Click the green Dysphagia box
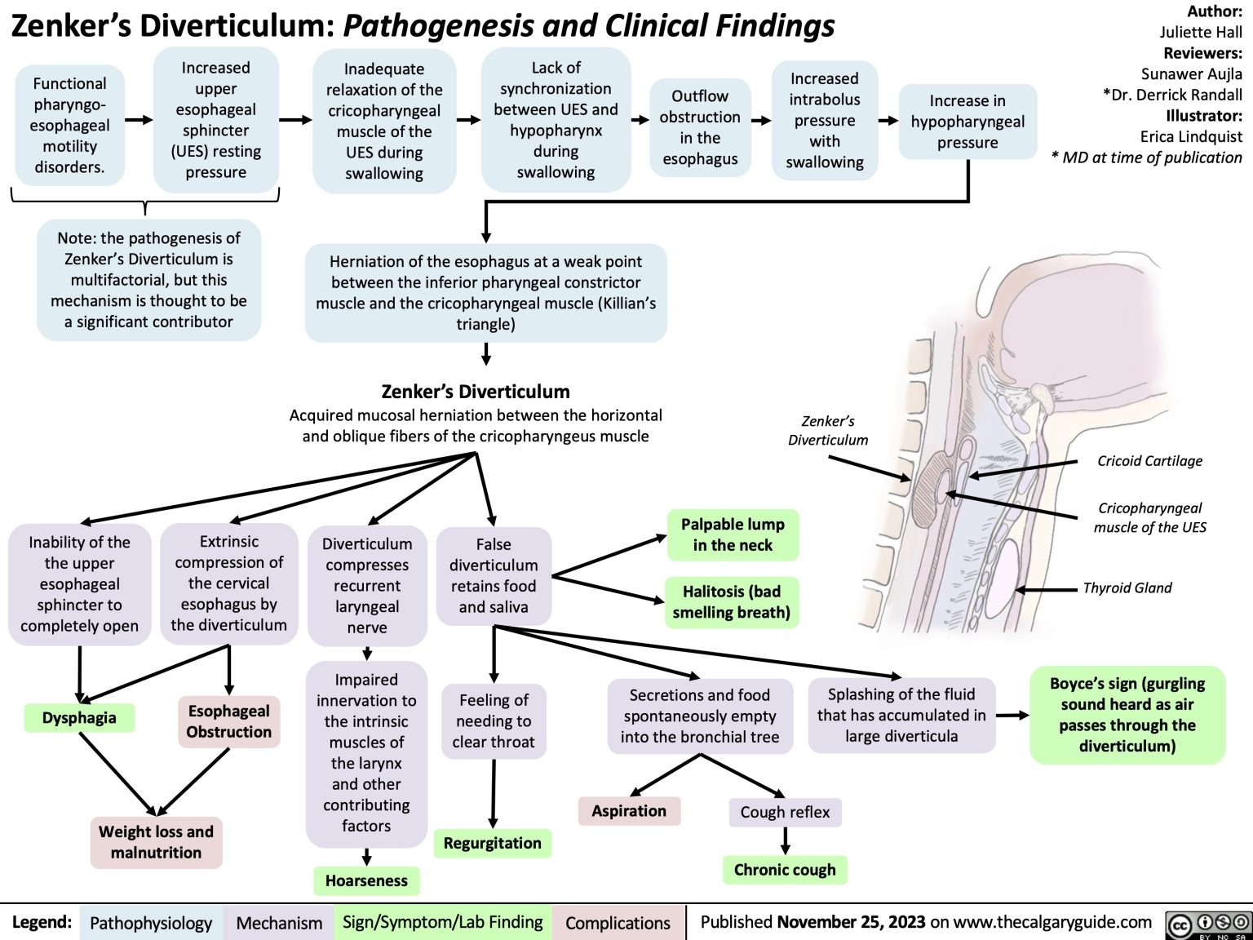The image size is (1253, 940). [79, 718]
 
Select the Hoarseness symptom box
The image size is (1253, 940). [366, 880]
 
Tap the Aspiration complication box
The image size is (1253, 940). [629, 811]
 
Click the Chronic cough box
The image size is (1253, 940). [785, 870]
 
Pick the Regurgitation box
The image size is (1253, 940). [492, 843]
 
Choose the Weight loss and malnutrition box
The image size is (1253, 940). [156, 842]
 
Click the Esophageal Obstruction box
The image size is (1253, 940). [228, 721]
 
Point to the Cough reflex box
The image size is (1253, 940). [785, 812]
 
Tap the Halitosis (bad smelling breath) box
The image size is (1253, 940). [732, 602]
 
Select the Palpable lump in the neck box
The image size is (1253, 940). [733, 534]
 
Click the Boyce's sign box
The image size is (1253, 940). [1127, 715]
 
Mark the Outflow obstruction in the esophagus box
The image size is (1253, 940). [700, 127]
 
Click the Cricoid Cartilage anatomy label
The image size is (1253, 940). [1149, 461]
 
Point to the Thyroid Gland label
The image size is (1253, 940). [1127, 587]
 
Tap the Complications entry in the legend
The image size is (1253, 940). [618, 923]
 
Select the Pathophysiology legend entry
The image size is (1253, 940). [151, 923]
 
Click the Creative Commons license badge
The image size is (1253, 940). [1209, 924]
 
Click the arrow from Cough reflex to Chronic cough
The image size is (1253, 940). [785, 840]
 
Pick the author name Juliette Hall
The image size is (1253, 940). [1201, 33]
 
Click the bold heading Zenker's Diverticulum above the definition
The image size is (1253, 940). [476, 391]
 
